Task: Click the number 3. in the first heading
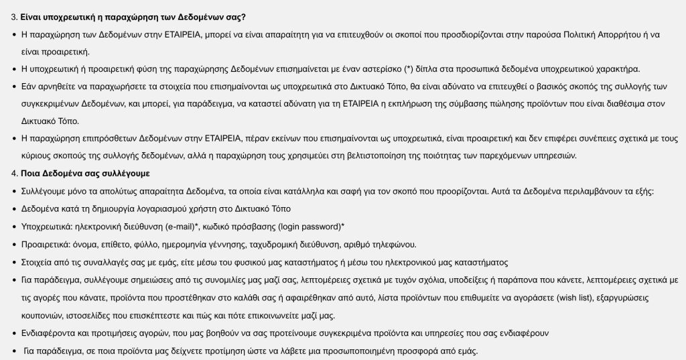coord(13,16)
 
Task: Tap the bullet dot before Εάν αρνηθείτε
coord(15,86)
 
